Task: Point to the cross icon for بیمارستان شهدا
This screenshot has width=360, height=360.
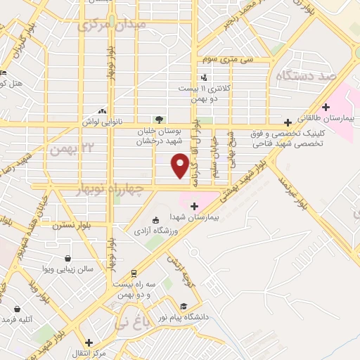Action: click(194, 206)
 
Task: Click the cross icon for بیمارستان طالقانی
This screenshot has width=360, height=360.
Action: click(287, 122)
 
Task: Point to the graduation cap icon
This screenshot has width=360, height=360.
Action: click(184, 307)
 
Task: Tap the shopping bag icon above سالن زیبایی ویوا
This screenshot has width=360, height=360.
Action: click(67, 258)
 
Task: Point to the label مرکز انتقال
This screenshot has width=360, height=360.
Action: click(94, 353)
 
